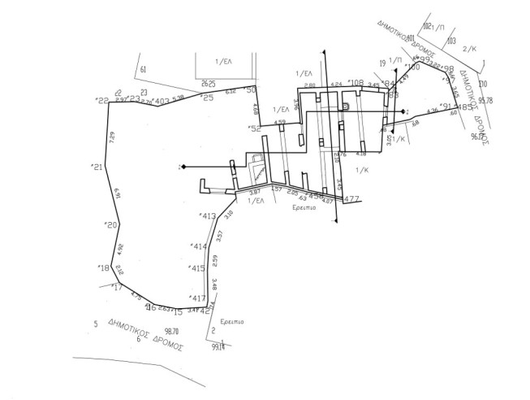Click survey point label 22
click(x=102, y=101)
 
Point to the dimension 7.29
click(x=112, y=137)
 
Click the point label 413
click(x=208, y=216)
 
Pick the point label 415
click(x=197, y=268)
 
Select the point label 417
click(x=198, y=298)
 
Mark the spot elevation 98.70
click(x=170, y=331)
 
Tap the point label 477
click(x=351, y=199)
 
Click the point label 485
click(x=465, y=107)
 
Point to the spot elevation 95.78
click(x=486, y=101)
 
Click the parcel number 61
click(x=143, y=70)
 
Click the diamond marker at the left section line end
click(x=183, y=167)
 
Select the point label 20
click(x=112, y=224)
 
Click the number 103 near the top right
click(x=451, y=40)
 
